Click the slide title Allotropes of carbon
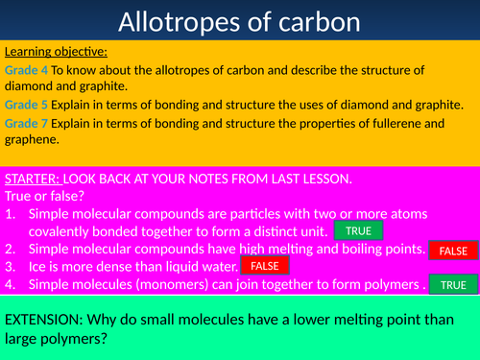point(239,22)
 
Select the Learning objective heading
point(56,52)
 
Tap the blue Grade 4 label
point(26,70)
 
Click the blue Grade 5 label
point(26,105)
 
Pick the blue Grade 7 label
point(26,123)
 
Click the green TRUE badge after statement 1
point(358,230)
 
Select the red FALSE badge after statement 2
point(453,251)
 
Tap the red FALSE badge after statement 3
point(265,265)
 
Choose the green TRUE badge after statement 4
point(453,284)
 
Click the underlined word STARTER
point(33,179)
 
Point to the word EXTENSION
point(44,320)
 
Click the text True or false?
point(44,196)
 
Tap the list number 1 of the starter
point(11,214)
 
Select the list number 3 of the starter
point(11,267)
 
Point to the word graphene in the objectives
point(32,139)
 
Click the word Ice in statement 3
point(37,267)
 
